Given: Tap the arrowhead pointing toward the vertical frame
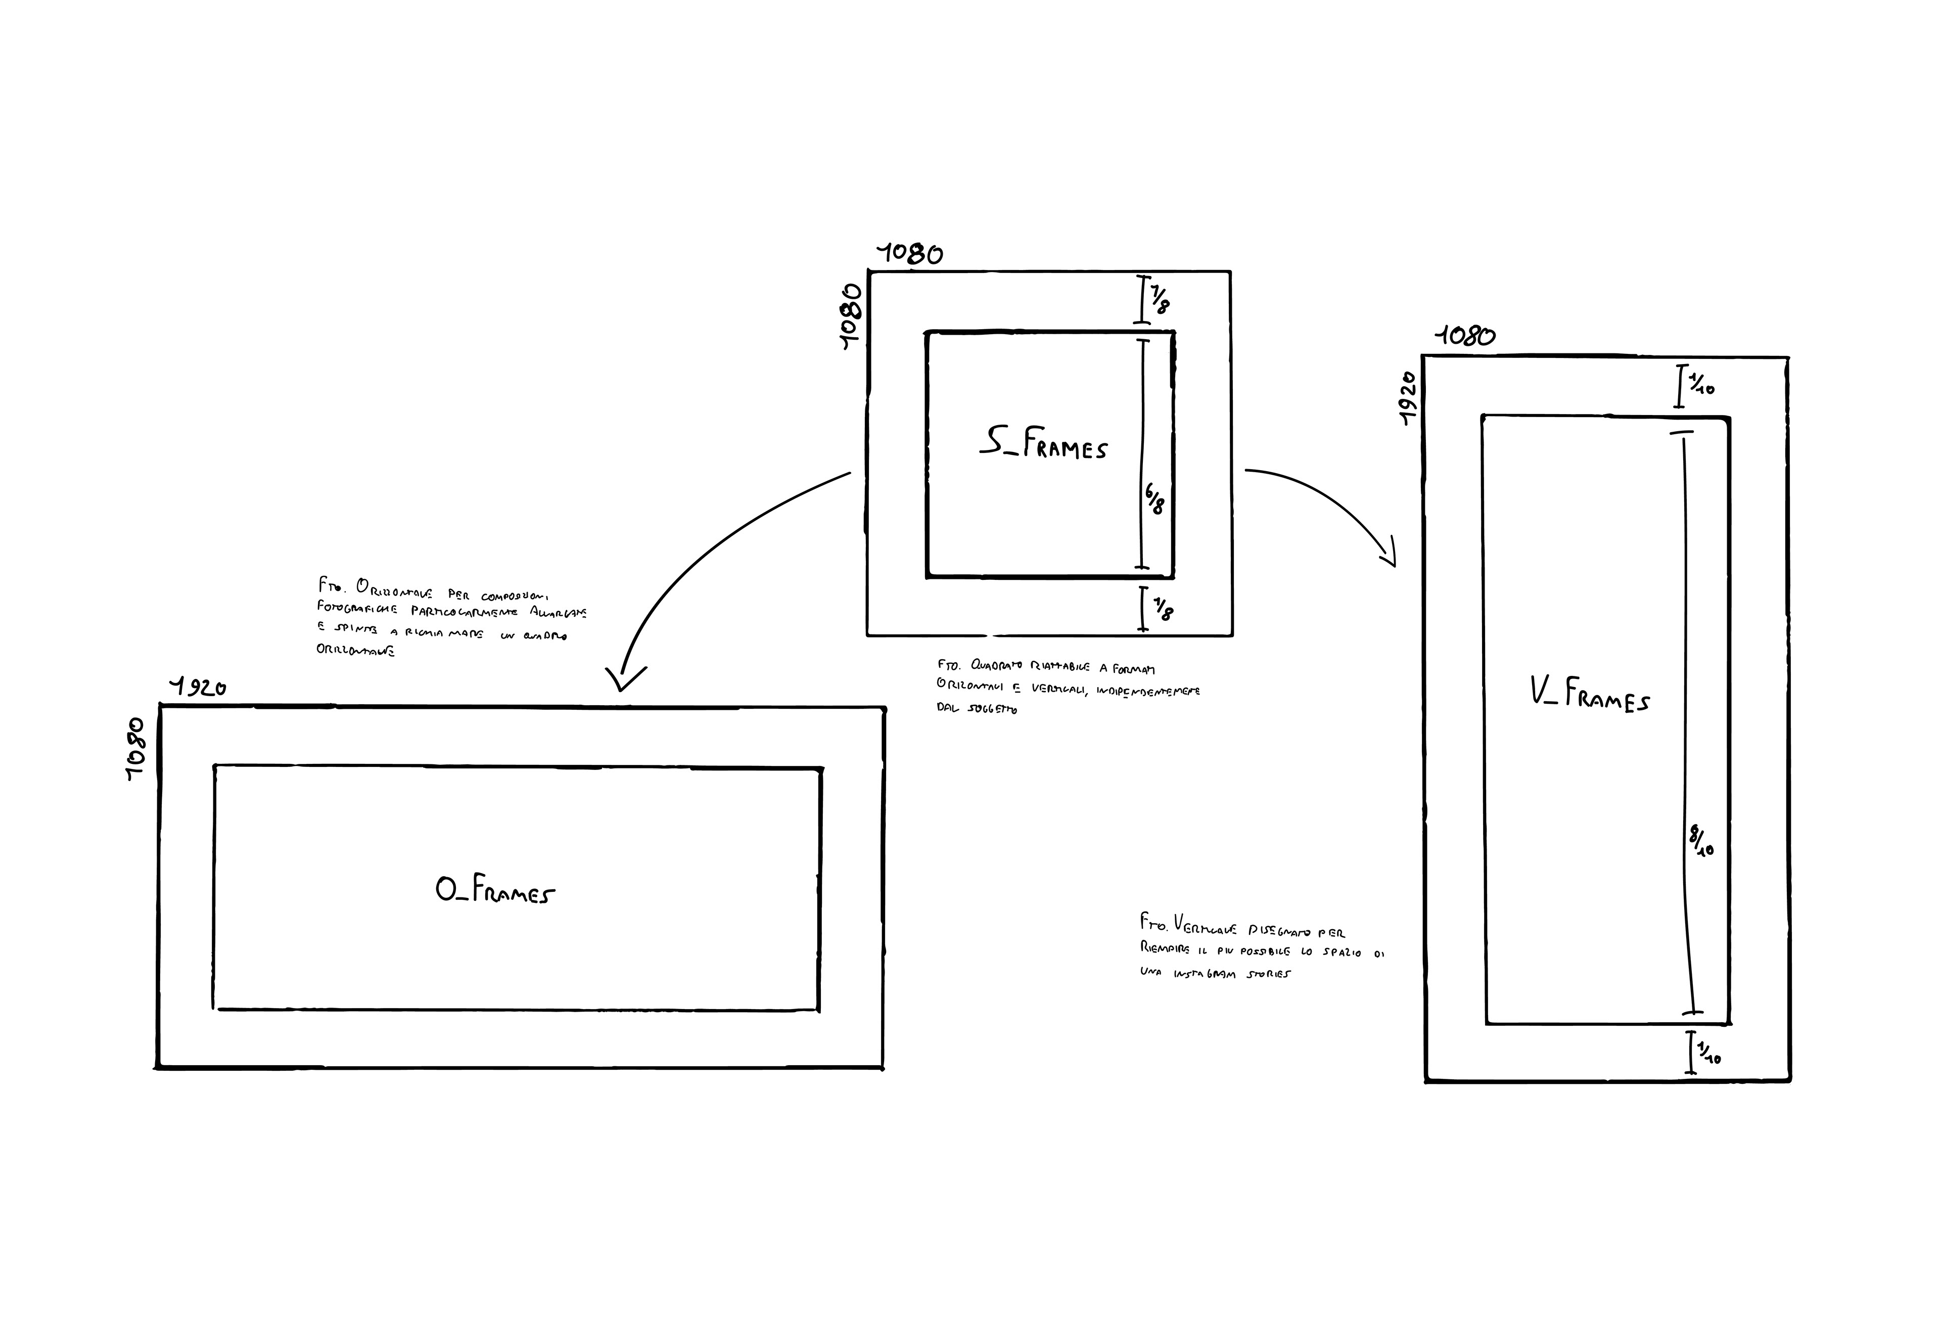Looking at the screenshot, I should [x=1390, y=557].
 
